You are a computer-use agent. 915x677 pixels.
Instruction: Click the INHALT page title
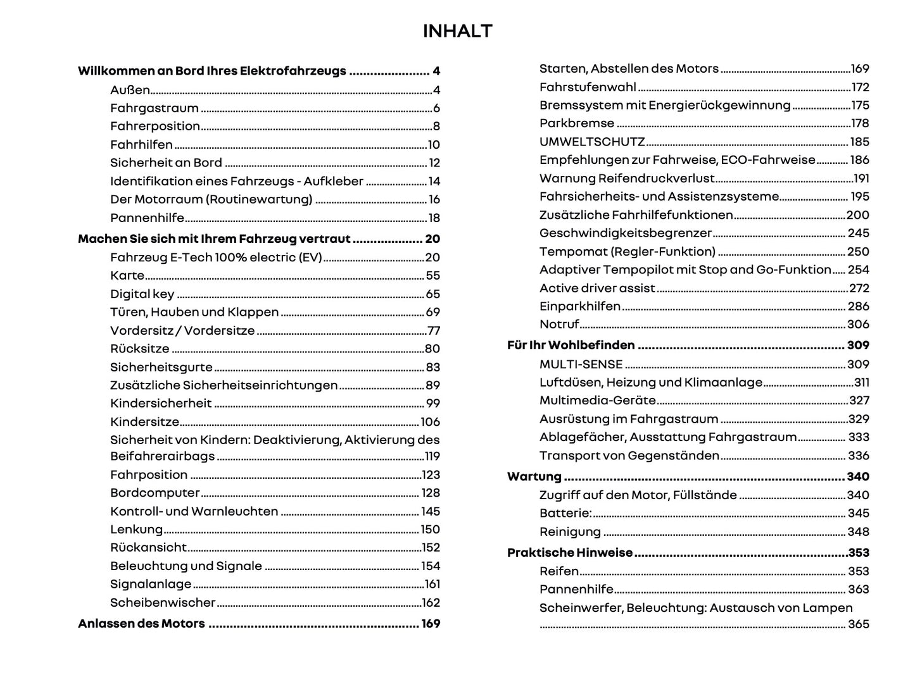click(x=457, y=31)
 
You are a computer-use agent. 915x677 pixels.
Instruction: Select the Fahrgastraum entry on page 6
click(x=154, y=108)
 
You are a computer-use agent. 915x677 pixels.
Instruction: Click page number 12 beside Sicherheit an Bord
click(x=434, y=163)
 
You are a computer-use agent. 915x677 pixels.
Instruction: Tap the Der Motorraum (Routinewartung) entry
click(x=211, y=199)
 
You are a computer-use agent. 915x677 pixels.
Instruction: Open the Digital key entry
click(x=142, y=294)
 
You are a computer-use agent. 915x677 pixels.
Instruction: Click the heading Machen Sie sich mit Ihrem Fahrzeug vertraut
click(x=213, y=239)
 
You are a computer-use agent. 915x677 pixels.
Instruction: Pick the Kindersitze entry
click(x=144, y=421)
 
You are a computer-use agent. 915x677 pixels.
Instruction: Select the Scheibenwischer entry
click(x=163, y=602)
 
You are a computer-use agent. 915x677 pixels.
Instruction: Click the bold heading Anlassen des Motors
click(x=141, y=623)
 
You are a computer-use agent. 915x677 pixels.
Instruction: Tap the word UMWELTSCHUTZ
click(x=591, y=142)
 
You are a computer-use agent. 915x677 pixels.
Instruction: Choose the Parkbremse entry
click(x=576, y=123)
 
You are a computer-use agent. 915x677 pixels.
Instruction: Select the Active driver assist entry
click(x=596, y=288)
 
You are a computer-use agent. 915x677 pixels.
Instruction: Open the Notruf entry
click(x=558, y=324)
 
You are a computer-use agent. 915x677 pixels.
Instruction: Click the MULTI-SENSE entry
click(x=581, y=364)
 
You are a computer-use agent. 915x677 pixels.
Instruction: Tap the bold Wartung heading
click(x=534, y=476)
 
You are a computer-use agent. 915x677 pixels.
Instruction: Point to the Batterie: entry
click(x=565, y=513)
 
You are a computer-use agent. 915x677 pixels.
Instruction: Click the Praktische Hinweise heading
click(x=569, y=552)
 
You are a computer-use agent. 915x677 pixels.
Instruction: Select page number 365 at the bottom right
click(x=858, y=624)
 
